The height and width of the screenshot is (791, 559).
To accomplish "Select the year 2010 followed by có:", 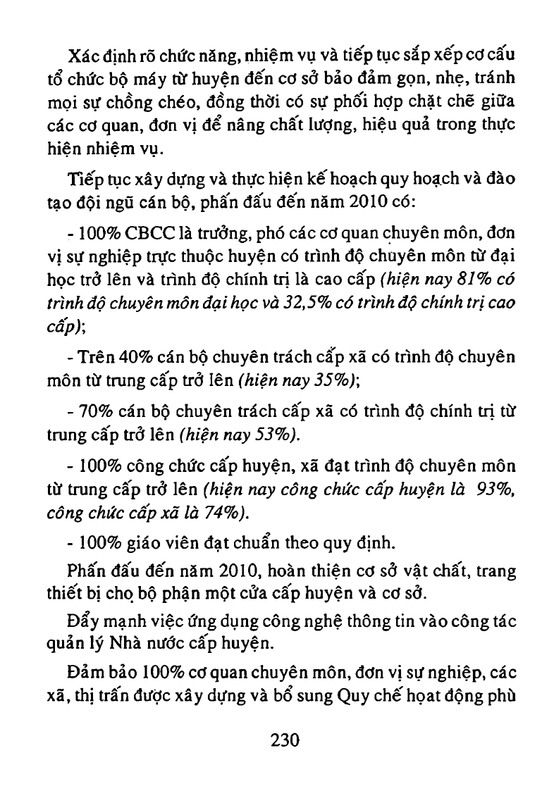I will coord(347,204).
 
